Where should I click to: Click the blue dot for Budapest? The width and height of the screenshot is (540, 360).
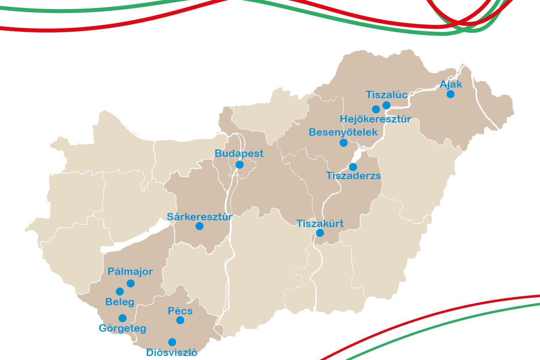coord(239,165)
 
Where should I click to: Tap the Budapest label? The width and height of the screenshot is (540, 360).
coord(239,154)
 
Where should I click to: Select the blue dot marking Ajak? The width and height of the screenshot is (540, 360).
coord(450,94)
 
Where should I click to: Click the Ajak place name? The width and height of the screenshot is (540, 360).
coord(451,84)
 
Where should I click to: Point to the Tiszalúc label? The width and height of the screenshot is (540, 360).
coord(386,95)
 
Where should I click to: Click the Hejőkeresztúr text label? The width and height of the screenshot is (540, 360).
coord(375,119)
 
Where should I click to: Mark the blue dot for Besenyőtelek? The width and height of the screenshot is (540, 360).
coord(343,142)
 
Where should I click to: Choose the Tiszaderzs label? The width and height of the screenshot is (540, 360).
coord(353,176)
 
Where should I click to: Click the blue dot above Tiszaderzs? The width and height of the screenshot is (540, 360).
coord(353,167)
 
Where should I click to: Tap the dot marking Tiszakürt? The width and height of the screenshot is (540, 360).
coord(320,233)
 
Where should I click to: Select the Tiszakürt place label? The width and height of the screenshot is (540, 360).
coord(320,223)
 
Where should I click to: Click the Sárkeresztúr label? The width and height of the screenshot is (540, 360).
coord(199,217)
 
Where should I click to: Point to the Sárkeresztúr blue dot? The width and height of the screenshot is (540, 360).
coord(199,226)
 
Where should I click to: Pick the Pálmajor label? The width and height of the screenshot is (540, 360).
coord(130,272)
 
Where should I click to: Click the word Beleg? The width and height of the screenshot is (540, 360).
coord(119,302)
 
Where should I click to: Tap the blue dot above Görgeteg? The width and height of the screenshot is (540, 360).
coord(123,318)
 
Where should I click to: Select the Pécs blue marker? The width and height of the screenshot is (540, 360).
coord(180,320)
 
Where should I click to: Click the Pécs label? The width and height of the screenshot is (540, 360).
coord(180,311)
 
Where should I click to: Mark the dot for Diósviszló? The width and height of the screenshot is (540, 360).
coord(172,342)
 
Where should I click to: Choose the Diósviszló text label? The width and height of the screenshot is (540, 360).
coord(171,353)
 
